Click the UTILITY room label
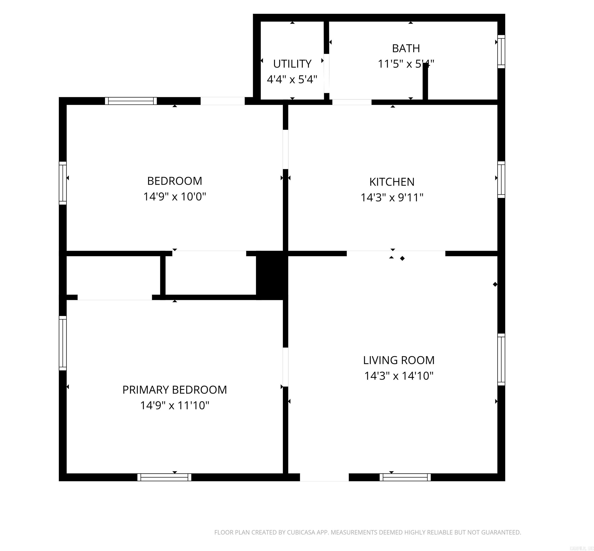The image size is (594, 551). point(292,64)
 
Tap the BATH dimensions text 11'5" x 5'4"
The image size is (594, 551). point(406,64)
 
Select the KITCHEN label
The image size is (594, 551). point(392,182)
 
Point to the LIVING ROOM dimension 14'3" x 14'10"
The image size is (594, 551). point(398,376)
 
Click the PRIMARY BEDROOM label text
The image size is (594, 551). point(174,390)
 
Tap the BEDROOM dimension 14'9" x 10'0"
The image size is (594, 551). point(174,197)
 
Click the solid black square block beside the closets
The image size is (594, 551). point(271,275)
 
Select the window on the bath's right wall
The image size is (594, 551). point(501,52)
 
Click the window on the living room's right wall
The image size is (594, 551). point(501,359)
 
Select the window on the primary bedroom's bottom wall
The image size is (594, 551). point(164,477)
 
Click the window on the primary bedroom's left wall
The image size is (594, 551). point(63,343)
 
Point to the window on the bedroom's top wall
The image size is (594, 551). point(131,101)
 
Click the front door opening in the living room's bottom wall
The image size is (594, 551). point(324,477)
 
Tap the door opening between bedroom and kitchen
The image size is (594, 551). point(285,149)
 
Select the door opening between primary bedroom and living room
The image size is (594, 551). point(285,367)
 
